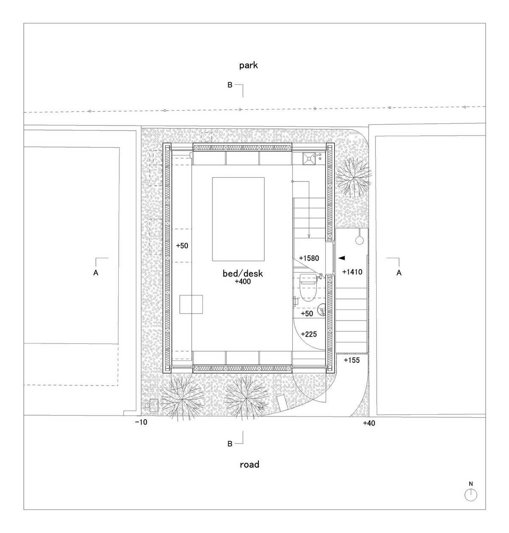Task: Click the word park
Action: click(x=249, y=65)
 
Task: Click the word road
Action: click(x=249, y=464)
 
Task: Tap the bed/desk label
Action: click(x=243, y=273)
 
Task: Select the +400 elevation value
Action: click(x=243, y=281)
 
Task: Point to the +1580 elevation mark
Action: click(x=309, y=258)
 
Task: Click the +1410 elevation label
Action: click(x=352, y=272)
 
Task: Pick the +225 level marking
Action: click(x=309, y=334)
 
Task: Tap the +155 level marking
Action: click(x=352, y=360)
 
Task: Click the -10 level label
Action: click(x=141, y=422)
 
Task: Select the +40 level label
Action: click(x=369, y=423)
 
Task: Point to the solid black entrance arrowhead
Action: click(x=341, y=258)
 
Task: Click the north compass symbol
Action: click(x=471, y=495)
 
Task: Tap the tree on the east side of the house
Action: click(x=353, y=179)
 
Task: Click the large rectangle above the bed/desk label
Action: click(x=238, y=219)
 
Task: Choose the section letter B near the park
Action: click(x=230, y=85)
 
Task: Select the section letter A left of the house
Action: click(x=95, y=273)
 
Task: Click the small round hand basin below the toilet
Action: click(x=321, y=310)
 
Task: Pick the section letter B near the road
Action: click(x=230, y=444)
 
